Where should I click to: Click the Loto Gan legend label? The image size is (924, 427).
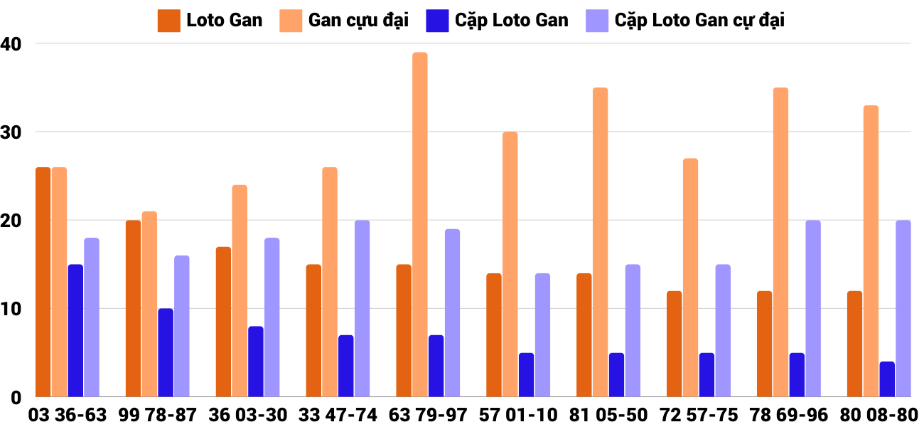(x=224, y=20)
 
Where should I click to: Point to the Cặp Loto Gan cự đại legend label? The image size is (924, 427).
(x=699, y=20)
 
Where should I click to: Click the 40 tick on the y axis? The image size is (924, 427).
(x=11, y=43)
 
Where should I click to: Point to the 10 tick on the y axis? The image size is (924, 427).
(x=11, y=309)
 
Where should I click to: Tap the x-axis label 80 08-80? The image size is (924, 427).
(x=879, y=415)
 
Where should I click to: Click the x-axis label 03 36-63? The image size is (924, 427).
(x=67, y=415)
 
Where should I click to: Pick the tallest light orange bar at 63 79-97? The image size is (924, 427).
(x=420, y=224)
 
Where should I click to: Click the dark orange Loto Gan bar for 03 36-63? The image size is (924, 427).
(x=43, y=282)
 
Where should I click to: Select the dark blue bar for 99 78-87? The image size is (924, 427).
(x=166, y=352)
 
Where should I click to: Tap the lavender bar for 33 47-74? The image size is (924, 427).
(x=362, y=308)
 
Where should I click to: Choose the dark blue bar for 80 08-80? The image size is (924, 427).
(x=887, y=379)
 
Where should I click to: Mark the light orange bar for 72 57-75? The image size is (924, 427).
(x=690, y=278)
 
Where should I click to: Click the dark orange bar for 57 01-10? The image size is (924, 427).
(x=494, y=334)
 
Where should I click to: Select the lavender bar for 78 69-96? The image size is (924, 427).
(x=813, y=308)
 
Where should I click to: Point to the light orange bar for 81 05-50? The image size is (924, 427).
(x=601, y=242)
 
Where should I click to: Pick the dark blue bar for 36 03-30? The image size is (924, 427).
(x=256, y=361)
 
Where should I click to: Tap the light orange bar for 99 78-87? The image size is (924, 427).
(x=149, y=304)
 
